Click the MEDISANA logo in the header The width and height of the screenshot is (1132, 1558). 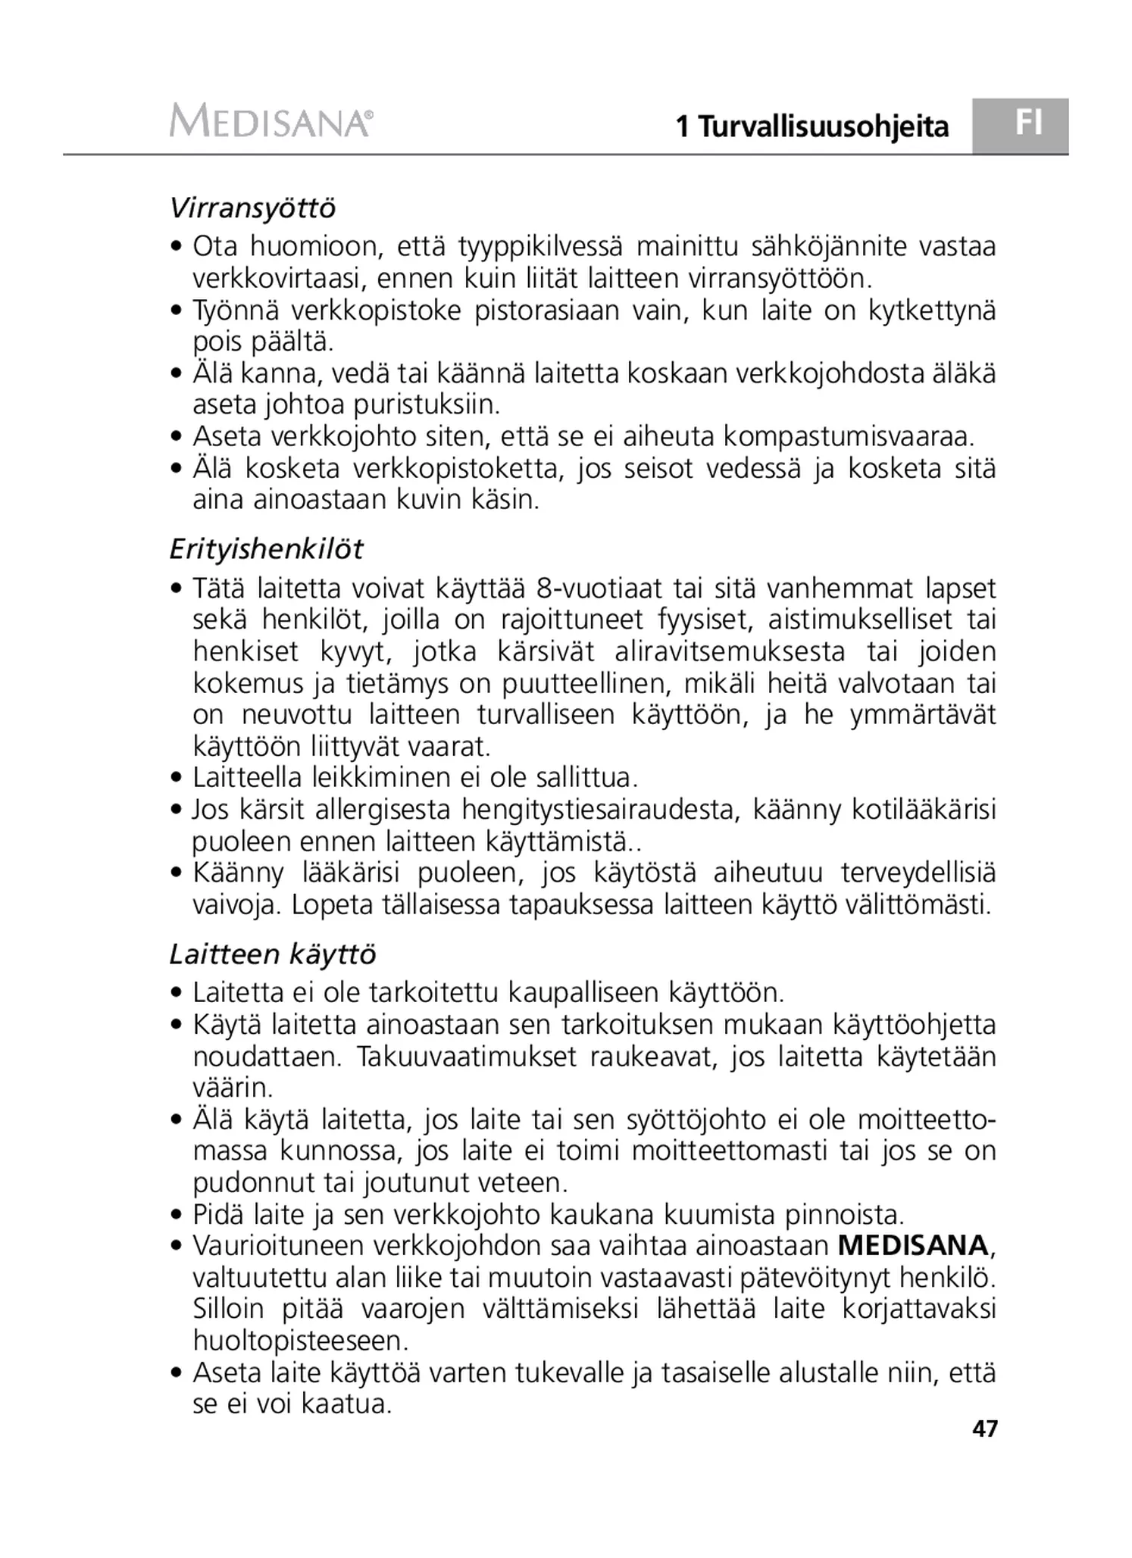[x=270, y=121]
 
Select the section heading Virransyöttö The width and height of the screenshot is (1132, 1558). [x=252, y=208]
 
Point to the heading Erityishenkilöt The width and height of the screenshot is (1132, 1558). [x=266, y=549]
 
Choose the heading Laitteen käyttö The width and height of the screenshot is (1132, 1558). [x=272, y=954]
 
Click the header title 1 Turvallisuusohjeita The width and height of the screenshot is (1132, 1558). [x=811, y=126]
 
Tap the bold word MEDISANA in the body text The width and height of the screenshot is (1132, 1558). [x=913, y=1245]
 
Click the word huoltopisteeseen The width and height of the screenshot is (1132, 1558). [x=301, y=1341]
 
